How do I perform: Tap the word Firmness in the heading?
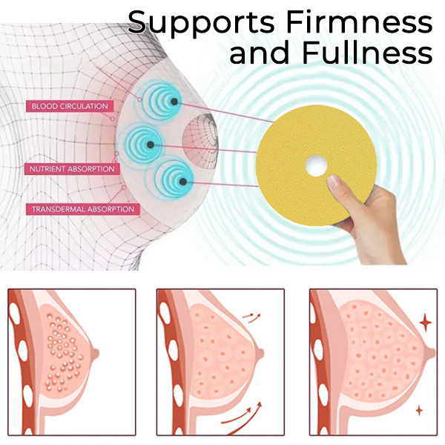[360, 22]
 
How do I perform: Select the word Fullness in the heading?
[367, 53]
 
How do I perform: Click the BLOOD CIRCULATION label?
[70, 106]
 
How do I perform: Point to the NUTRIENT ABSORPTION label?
[72, 169]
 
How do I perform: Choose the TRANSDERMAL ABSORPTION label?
[83, 209]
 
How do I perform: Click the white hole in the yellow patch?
[317, 165]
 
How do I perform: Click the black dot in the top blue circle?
[174, 102]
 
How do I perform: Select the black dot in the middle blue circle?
[151, 145]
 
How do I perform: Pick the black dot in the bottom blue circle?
[183, 182]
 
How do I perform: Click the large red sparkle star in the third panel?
[426, 322]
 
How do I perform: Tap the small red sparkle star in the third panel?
[419, 410]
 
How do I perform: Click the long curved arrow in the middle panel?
[241, 414]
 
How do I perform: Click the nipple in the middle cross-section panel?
[260, 353]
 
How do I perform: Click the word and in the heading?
[259, 53]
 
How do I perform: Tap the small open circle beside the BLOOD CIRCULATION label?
[113, 119]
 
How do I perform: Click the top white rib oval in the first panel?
[13, 312]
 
